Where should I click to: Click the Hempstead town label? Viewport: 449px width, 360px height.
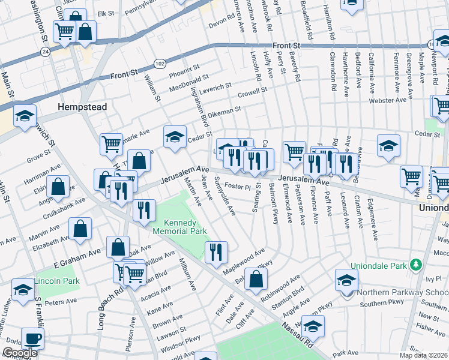point(82,107)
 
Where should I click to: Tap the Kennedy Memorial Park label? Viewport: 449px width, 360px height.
point(179,226)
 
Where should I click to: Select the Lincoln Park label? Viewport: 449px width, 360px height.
point(57,281)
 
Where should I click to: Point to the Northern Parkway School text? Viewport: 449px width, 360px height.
point(399,293)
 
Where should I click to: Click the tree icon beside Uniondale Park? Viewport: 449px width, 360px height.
point(414,265)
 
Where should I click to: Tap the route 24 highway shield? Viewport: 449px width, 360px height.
point(45,52)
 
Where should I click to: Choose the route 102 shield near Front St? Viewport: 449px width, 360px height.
point(160,62)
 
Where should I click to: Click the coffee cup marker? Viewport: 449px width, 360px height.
point(32,338)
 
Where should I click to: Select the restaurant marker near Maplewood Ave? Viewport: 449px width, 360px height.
point(216,252)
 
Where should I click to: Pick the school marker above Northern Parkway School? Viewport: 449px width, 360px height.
point(346,280)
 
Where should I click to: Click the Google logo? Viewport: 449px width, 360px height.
point(20,353)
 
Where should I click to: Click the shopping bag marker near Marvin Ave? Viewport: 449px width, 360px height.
point(80,229)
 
